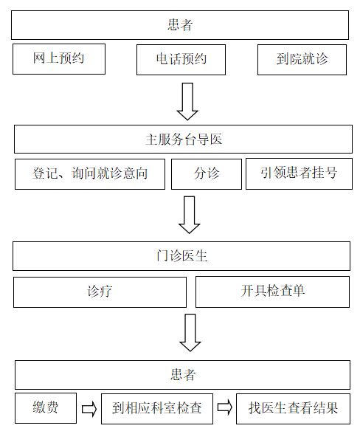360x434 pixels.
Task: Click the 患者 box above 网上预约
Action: coord(180,25)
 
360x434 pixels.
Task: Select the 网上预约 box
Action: coord(59,59)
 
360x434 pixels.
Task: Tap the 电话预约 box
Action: coord(181,60)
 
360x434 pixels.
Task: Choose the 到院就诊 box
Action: coord(302,60)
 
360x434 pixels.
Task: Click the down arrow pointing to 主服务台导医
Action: coord(187,101)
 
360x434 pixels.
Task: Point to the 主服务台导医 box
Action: coord(183,139)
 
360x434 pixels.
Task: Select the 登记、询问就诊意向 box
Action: coord(90,174)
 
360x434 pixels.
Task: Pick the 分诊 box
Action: coord(207,174)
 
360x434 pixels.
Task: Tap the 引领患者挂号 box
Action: coord(299,174)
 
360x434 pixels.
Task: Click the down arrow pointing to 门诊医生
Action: coord(190,215)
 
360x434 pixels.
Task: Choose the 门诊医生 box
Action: coord(181,256)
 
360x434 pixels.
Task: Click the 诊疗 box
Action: coord(100,292)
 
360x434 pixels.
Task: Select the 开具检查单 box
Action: coord(272,292)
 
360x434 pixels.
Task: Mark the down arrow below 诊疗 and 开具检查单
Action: coord(190,333)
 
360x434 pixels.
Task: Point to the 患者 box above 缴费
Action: coord(182,375)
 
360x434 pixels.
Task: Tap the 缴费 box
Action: coord(46,408)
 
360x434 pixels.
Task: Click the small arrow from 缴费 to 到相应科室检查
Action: coord(89,409)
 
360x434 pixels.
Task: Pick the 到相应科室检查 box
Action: coord(157,409)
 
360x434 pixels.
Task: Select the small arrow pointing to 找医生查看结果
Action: coord(225,407)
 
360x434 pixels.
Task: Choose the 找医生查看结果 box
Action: coord(293,409)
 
